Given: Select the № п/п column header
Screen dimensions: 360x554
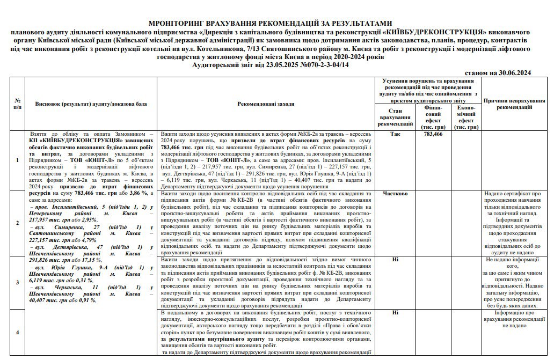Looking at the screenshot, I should (18, 104).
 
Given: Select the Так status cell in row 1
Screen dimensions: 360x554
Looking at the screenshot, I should (396, 134).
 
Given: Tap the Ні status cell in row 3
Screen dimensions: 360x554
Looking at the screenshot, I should (396, 259).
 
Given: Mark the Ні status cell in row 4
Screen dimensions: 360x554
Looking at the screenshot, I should (396, 312).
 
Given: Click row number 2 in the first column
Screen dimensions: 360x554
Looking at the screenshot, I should (18, 222).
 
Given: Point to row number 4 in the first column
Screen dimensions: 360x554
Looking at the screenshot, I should (18, 332).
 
